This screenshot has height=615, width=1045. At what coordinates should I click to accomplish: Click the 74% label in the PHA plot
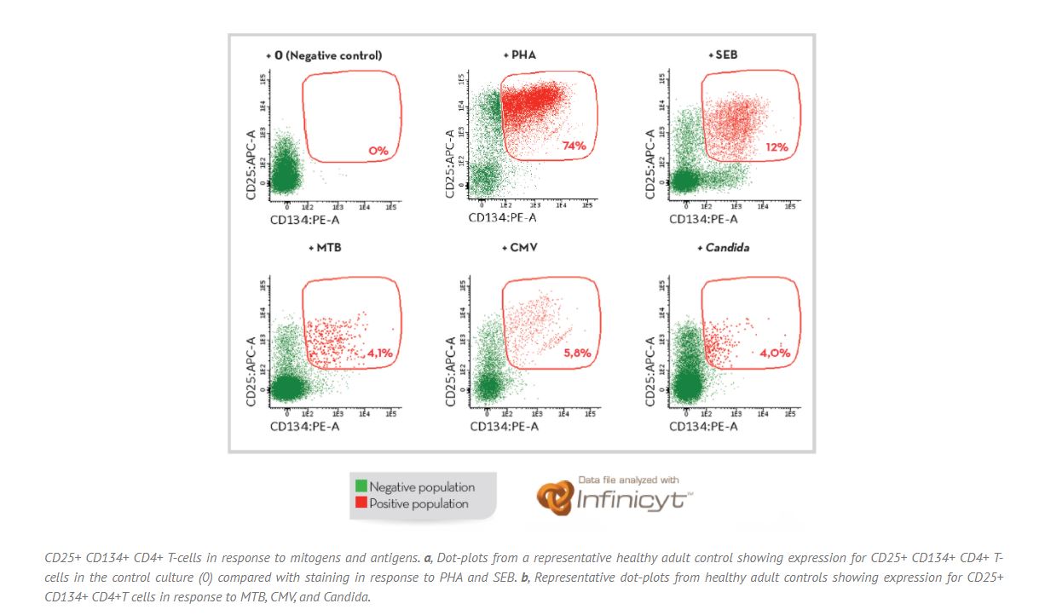click(574, 147)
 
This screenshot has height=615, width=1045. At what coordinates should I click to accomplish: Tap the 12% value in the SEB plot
click(776, 147)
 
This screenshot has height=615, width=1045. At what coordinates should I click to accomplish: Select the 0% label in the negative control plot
click(378, 151)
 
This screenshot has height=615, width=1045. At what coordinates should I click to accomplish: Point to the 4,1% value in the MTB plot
click(379, 353)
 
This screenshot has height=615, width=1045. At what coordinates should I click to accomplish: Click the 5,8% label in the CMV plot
click(577, 352)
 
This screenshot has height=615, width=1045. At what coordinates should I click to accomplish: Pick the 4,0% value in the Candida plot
click(776, 353)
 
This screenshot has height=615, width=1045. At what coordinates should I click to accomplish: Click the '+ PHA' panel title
click(519, 55)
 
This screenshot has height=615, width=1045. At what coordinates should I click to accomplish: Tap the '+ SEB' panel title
click(722, 55)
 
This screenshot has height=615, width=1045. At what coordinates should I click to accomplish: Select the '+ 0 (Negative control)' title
click(323, 55)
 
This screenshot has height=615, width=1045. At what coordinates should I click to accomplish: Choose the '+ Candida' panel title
click(724, 248)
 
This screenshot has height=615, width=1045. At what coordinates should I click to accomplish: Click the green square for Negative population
click(361, 487)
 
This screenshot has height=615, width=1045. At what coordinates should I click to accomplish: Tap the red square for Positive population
click(361, 503)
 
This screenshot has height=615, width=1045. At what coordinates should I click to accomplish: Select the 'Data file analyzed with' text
click(629, 480)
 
